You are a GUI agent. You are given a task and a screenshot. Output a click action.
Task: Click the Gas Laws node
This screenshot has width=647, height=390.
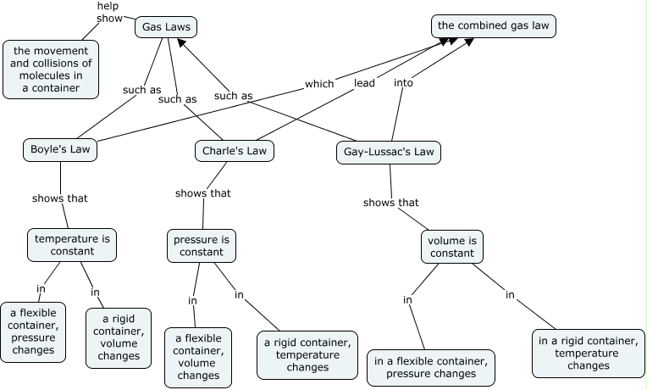(166, 28)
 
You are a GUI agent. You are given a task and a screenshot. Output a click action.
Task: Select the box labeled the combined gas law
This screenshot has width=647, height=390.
(494, 26)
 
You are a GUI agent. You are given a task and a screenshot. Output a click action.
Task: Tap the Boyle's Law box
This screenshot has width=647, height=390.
(59, 150)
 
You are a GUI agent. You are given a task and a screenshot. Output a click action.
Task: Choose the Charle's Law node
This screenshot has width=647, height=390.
(235, 151)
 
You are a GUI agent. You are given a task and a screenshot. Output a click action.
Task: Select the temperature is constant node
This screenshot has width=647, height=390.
(72, 244)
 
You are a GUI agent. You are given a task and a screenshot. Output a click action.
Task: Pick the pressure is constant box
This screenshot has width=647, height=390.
(201, 245)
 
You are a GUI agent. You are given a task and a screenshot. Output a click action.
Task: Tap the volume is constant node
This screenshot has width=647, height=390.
(452, 246)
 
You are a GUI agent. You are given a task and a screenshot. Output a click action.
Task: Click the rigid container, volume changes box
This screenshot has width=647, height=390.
(119, 337)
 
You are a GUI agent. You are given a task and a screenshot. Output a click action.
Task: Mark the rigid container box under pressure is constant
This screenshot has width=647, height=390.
(307, 354)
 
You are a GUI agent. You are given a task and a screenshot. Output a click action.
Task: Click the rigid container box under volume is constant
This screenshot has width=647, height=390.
(588, 354)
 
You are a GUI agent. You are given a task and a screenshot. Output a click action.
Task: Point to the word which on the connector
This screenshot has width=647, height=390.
(319, 84)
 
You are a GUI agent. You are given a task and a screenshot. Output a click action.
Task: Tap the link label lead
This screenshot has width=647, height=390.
(364, 83)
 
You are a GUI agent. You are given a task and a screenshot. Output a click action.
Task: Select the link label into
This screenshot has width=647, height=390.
(404, 83)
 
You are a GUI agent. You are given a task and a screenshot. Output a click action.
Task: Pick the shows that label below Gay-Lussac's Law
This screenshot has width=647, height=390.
(390, 203)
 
